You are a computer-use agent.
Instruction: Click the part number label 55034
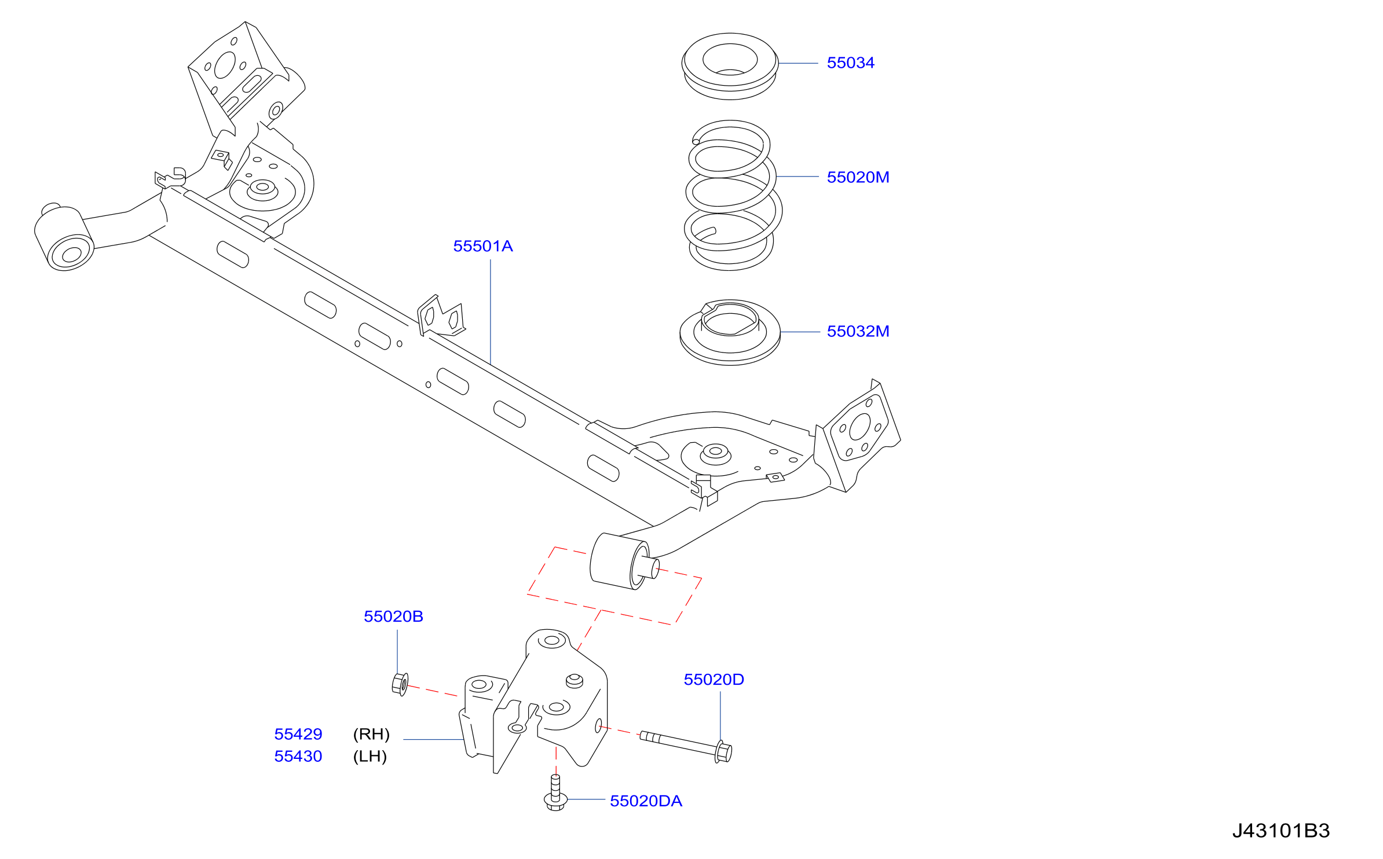[x=850, y=63]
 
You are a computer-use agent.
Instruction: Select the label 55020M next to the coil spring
[x=858, y=177]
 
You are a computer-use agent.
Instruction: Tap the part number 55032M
[x=858, y=331]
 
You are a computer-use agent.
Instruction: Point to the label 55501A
[x=483, y=246]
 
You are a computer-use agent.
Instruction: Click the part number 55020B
[x=393, y=616]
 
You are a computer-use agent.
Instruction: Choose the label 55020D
[x=714, y=680]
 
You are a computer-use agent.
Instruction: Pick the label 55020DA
[x=646, y=801]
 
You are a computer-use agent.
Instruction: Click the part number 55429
[x=298, y=734]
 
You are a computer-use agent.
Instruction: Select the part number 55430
[x=298, y=756]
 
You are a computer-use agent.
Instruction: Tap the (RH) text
[x=371, y=734]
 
